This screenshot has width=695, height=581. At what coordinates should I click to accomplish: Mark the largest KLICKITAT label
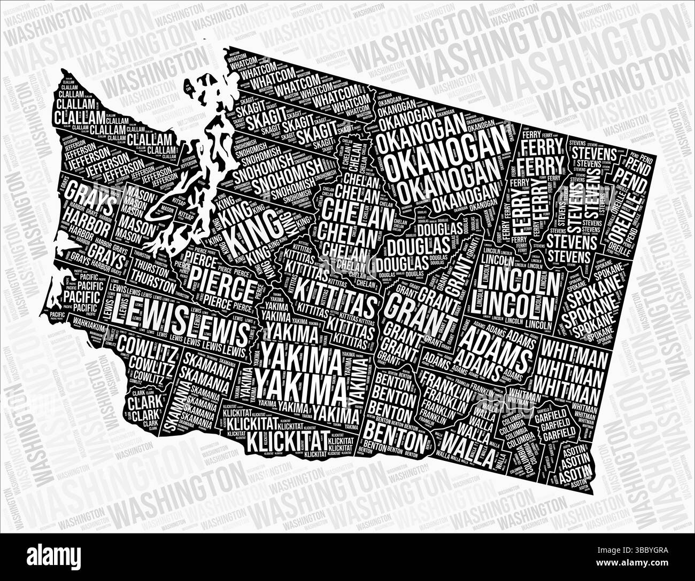pos(283,441)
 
